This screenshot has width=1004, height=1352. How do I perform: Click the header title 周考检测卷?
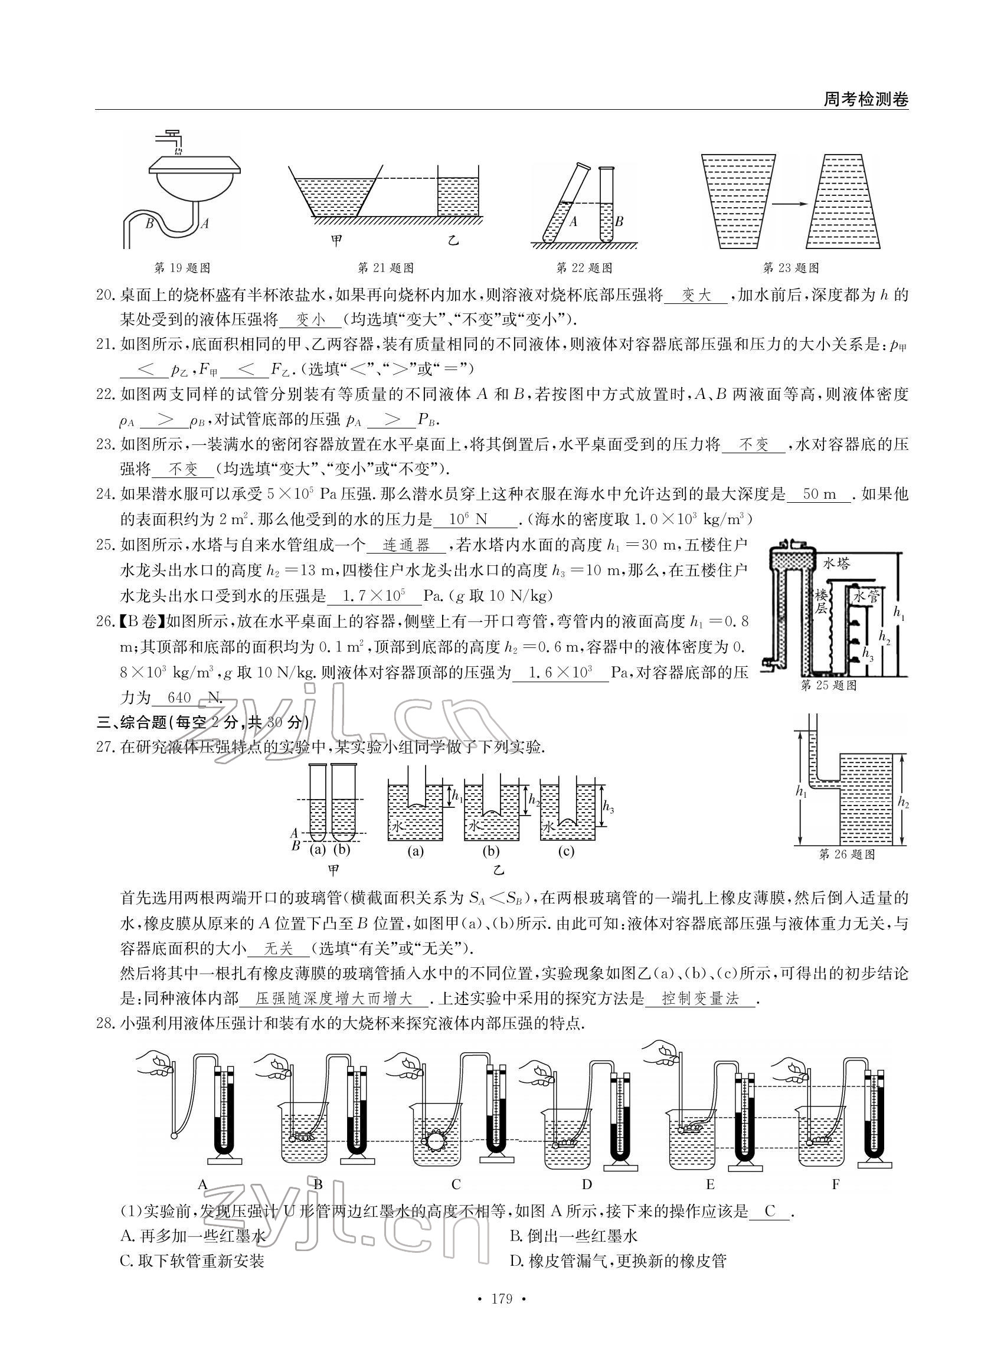[x=865, y=99]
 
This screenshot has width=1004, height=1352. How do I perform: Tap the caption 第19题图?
[x=182, y=267]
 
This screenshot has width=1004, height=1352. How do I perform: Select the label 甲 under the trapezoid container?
[x=335, y=240]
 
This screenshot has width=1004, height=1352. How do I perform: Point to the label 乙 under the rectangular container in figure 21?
[x=453, y=240]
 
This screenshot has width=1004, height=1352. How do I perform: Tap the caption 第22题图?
[x=584, y=267]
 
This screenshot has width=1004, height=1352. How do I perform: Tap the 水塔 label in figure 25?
[x=837, y=564]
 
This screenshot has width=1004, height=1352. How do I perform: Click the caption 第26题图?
[x=846, y=854]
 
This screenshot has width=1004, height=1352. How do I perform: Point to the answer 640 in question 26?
[x=179, y=698]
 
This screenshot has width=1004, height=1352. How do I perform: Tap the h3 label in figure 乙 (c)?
[x=608, y=807]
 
